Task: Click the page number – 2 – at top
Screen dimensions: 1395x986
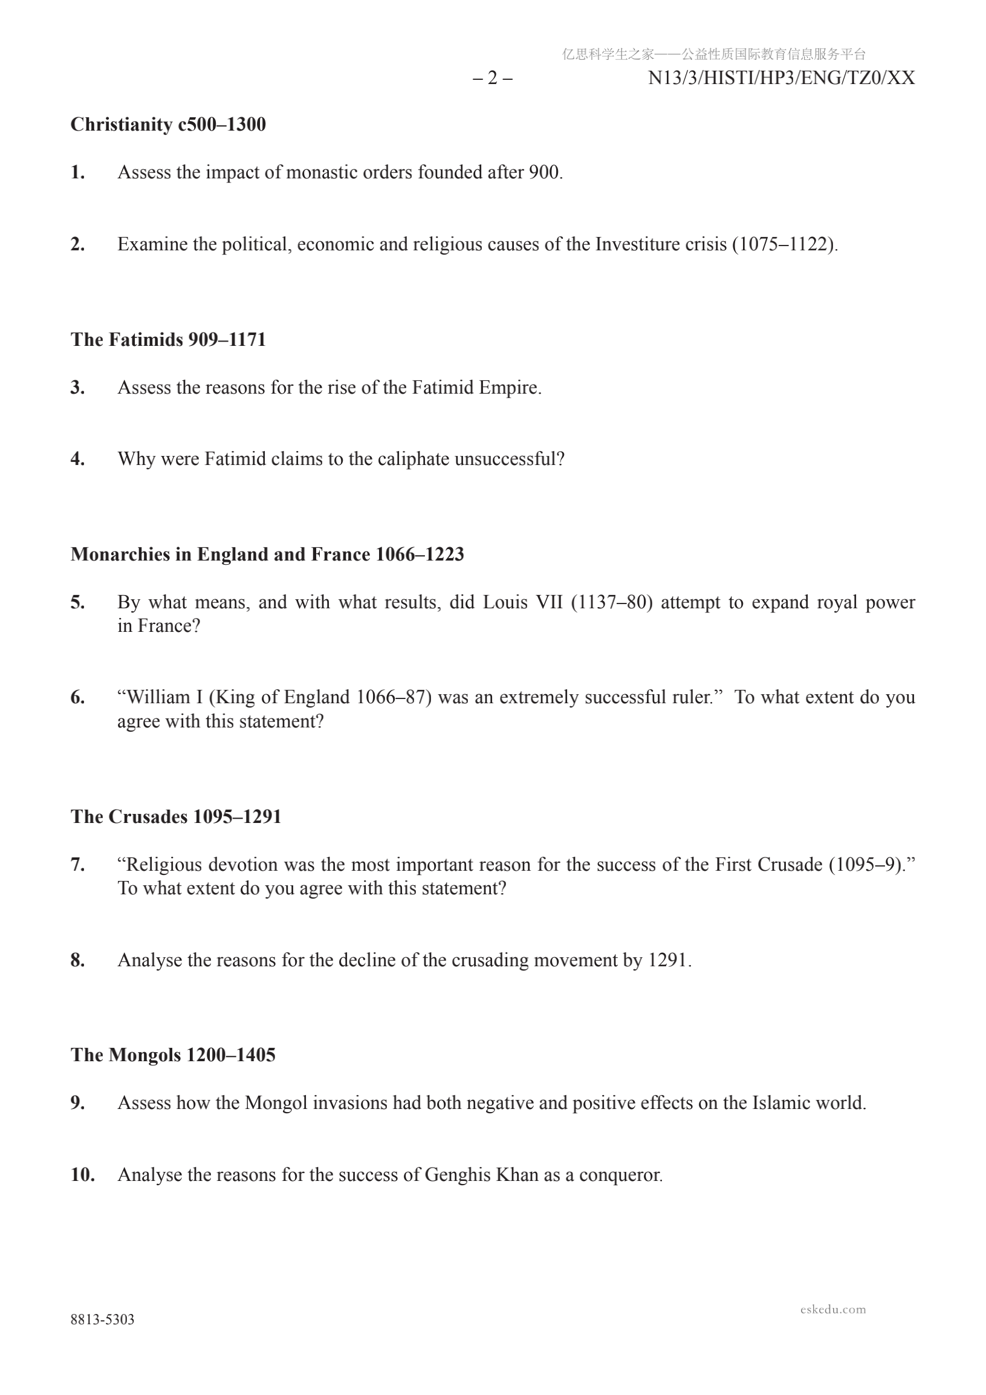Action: [492, 79]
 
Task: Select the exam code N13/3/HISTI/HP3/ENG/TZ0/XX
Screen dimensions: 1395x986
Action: [781, 79]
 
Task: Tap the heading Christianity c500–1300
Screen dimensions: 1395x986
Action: [168, 125]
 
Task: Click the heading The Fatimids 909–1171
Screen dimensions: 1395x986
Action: [168, 340]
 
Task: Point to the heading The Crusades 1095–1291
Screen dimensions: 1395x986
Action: [176, 816]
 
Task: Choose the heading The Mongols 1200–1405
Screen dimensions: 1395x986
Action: [173, 1055]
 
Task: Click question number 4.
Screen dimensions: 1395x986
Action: [77, 459]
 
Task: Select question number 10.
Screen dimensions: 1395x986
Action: [82, 1174]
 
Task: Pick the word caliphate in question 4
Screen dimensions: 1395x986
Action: [414, 459]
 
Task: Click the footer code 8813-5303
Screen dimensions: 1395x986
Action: [102, 1319]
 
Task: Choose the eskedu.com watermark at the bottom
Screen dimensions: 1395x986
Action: [832, 1309]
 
